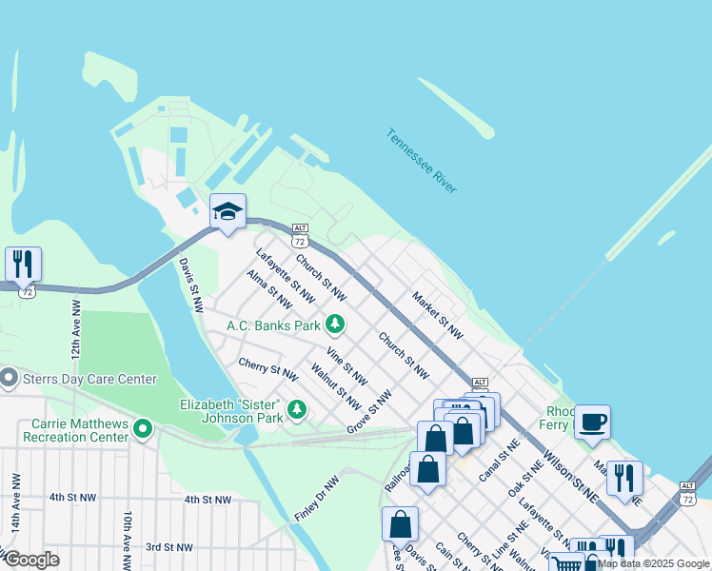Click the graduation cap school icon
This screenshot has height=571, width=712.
[227, 211]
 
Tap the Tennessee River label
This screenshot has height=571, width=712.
[422, 161]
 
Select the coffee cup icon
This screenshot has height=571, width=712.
[592, 422]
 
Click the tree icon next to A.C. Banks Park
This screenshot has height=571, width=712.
[334, 325]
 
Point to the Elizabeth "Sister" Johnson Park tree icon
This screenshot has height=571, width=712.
[297, 409]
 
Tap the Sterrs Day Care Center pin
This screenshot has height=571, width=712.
[10, 379]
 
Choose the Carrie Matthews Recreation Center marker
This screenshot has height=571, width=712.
[143, 429]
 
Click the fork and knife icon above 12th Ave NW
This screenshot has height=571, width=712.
[23, 264]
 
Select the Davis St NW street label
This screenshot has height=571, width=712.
[191, 285]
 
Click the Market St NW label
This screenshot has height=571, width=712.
[437, 316]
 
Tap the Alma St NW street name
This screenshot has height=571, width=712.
[268, 289]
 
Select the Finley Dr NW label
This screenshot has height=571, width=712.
[316, 499]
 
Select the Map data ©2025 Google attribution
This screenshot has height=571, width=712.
[653, 563]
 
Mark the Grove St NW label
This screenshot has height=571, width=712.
[369, 411]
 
